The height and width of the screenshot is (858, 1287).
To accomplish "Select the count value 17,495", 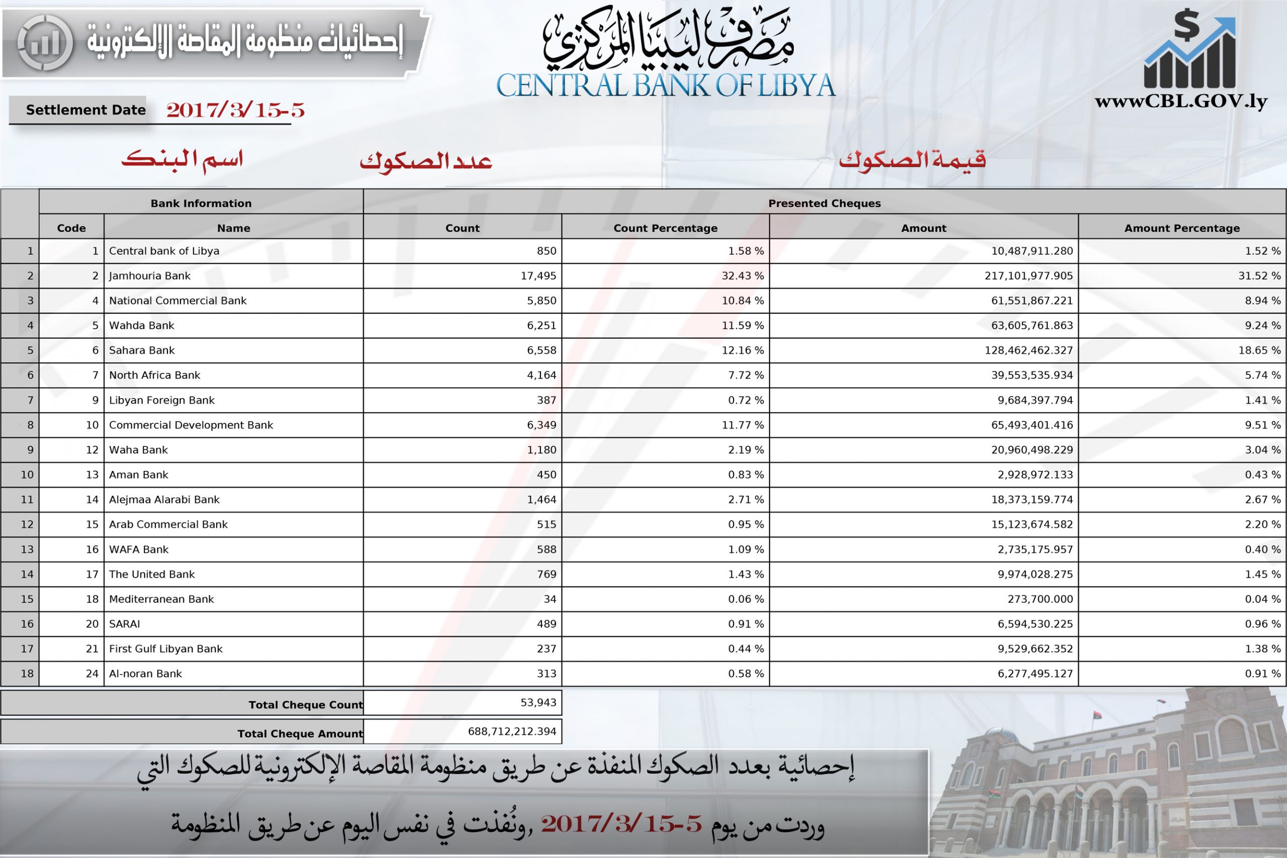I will pos(538,276).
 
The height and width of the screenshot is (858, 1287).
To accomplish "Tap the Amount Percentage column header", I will pos(1182,228).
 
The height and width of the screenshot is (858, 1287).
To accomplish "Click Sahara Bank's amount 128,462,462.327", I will pos(1028,350).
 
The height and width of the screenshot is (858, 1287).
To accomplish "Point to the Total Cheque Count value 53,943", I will pos(538,703).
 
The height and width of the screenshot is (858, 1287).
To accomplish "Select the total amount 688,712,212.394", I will pos(512,732).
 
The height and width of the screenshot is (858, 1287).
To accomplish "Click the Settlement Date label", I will pos(86,110).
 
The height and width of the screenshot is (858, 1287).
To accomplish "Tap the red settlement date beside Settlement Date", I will pos(235,110).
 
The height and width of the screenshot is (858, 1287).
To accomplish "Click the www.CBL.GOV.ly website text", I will pos(1181,102).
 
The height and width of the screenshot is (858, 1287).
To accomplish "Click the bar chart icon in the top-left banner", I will pos(45,43).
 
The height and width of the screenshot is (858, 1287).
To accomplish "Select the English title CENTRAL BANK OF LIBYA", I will pos(666,86).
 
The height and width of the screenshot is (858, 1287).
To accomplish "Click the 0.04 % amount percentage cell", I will pos(1262,599).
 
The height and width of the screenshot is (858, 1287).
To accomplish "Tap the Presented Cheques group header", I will pos(824,204).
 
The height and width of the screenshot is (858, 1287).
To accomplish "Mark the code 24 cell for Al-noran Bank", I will pos(92,674).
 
